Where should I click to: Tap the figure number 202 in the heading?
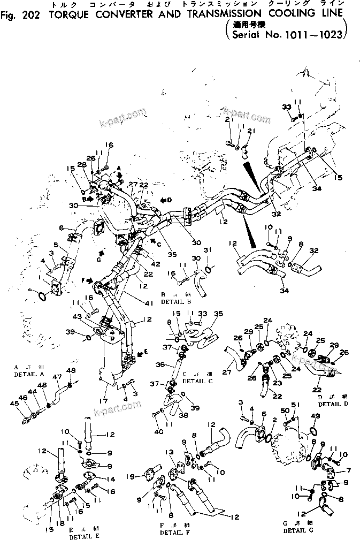tap(24, 16)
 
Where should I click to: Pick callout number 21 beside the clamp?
tap(251, 132)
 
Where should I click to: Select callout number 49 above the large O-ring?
tap(315, 416)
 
